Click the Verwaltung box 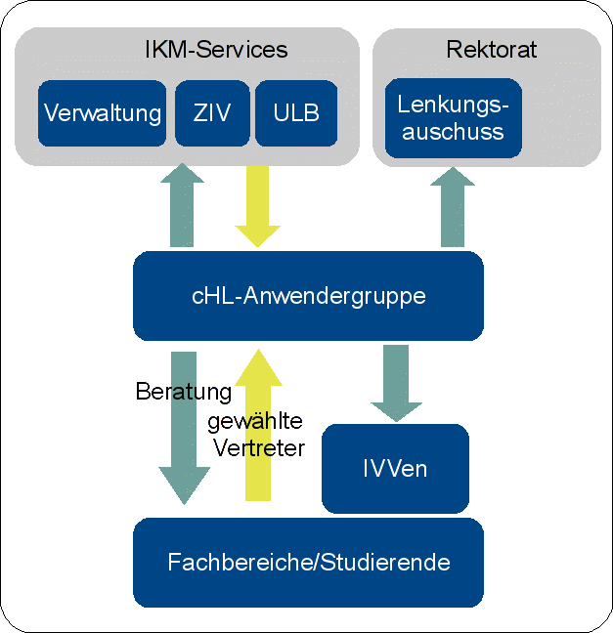pyautogui.click(x=103, y=113)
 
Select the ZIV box pyautogui.click(x=211, y=113)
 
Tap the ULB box pyautogui.click(x=296, y=113)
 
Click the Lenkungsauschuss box pyautogui.click(x=452, y=118)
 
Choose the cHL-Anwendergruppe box pyautogui.click(x=308, y=295)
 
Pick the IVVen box pyautogui.click(x=395, y=468)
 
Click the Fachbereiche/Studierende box pyautogui.click(x=308, y=563)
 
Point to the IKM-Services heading pyautogui.click(x=215, y=49)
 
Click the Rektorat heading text pyautogui.click(x=491, y=49)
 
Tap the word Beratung pyautogui.click(x=184, y=392)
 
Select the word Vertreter pyautogui.click(x=258, y=448)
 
